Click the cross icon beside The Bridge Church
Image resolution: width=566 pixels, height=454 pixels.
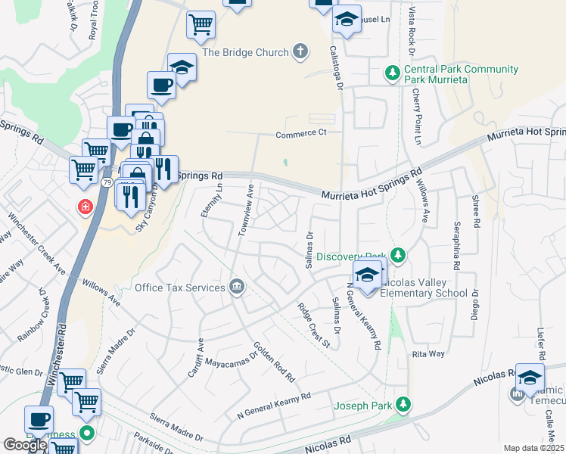pyautogui.click(x=300, y=52)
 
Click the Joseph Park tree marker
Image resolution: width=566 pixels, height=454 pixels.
pyautogui.click(x=406, y=405)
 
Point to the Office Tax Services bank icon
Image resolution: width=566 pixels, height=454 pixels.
pyautogui.click(x=236, y=287)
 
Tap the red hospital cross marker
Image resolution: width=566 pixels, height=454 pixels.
pyautogui.click(x=86, y=207)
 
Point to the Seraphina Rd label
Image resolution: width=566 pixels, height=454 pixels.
pyautogui.click(x=457, y=247)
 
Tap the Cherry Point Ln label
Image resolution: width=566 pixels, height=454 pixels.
pyautogui.click(x=417, y=115)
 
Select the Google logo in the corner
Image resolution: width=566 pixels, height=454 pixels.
pyautogui.click(x=24, y=445)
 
